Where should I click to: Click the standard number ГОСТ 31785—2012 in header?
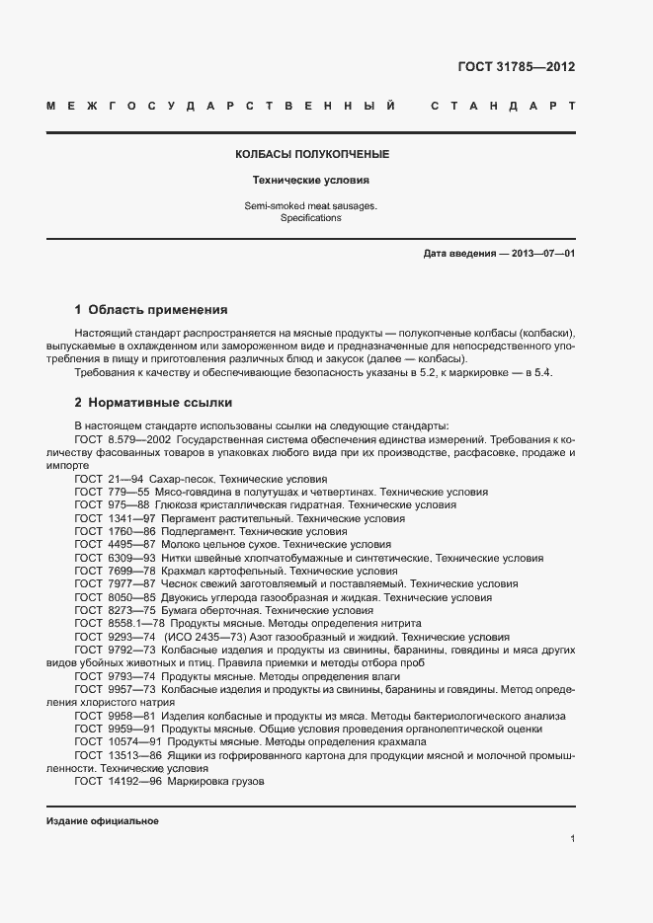point(517,67)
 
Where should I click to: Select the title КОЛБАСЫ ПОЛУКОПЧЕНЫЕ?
point(311,155)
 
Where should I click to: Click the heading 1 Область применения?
point(151,309)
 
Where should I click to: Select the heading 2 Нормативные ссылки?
point(153,403)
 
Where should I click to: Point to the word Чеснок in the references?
point(188,584)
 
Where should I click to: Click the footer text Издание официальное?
point(102,821)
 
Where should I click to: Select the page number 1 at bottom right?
point(572,838)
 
